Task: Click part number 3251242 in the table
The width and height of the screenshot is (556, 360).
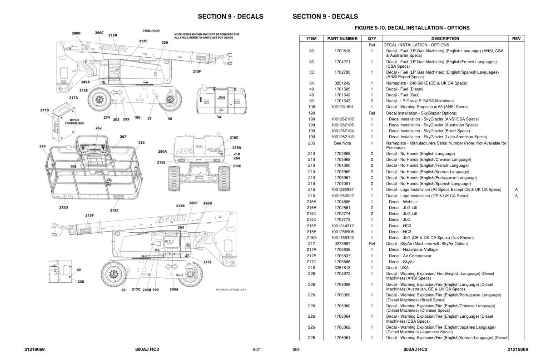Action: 343,83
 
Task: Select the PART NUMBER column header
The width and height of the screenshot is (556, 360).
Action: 343,39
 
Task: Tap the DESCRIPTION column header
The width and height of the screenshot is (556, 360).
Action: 445,39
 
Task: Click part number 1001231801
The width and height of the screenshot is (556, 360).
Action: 343,107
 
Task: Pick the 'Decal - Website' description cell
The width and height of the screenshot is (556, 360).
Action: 403,202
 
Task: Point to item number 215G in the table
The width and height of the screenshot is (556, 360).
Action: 312,238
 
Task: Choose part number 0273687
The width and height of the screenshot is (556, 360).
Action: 343,244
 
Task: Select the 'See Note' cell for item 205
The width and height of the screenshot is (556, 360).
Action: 343,143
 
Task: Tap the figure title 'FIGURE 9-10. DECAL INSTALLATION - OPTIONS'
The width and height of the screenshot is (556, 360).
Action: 412,28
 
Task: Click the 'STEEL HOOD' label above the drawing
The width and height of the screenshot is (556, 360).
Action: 151,31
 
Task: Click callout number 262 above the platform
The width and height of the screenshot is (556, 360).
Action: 99,128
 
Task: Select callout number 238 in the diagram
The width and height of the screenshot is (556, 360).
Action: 80,281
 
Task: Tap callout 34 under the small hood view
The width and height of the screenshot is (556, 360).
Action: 218,117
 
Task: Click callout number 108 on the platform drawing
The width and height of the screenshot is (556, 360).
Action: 73,166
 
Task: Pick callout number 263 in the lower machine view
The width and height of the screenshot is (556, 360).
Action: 181,227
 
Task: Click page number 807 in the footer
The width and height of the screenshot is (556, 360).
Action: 256,350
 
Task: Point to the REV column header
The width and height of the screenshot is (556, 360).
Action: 516,39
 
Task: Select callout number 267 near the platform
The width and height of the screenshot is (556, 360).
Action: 123,137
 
